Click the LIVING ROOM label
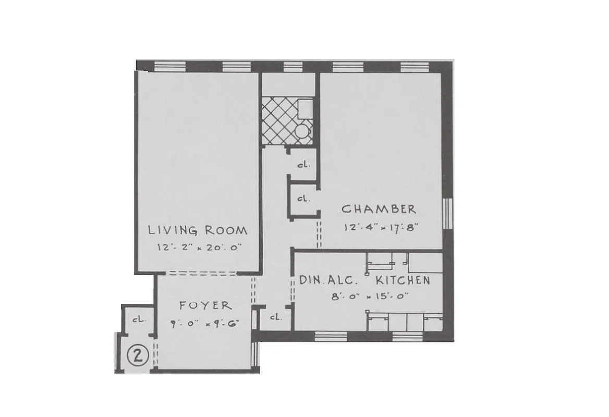coord(197,230)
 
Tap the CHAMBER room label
coord(379,210)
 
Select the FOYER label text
coord(205,305)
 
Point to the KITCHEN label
coord(403,280)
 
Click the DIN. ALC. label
coord(328,280)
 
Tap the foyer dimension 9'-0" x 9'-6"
coord(203,323)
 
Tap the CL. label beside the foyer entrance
coord(138,320)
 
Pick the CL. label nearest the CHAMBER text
coord(303,199)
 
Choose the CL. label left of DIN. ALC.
coord(275,316)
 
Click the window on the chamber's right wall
coord(447,213)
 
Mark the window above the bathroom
coord(289,66)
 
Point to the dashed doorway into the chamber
coord(319,234)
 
